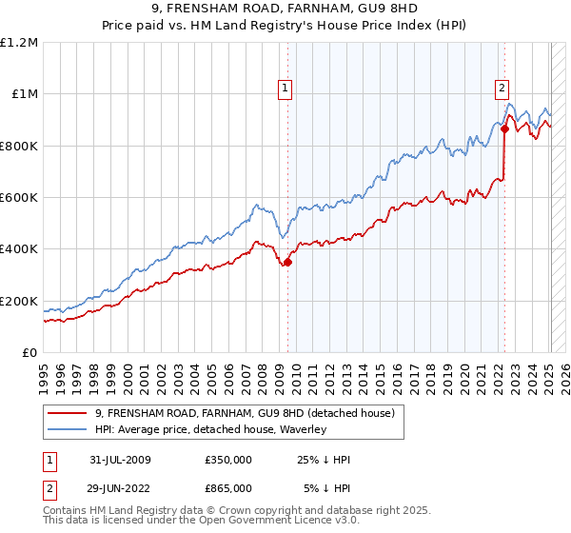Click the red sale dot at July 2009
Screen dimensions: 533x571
click(287, 263)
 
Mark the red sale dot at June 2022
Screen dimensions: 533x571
click(504, 129)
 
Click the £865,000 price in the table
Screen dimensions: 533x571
click(227, 488)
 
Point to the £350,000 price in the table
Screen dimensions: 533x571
click(227, 460)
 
